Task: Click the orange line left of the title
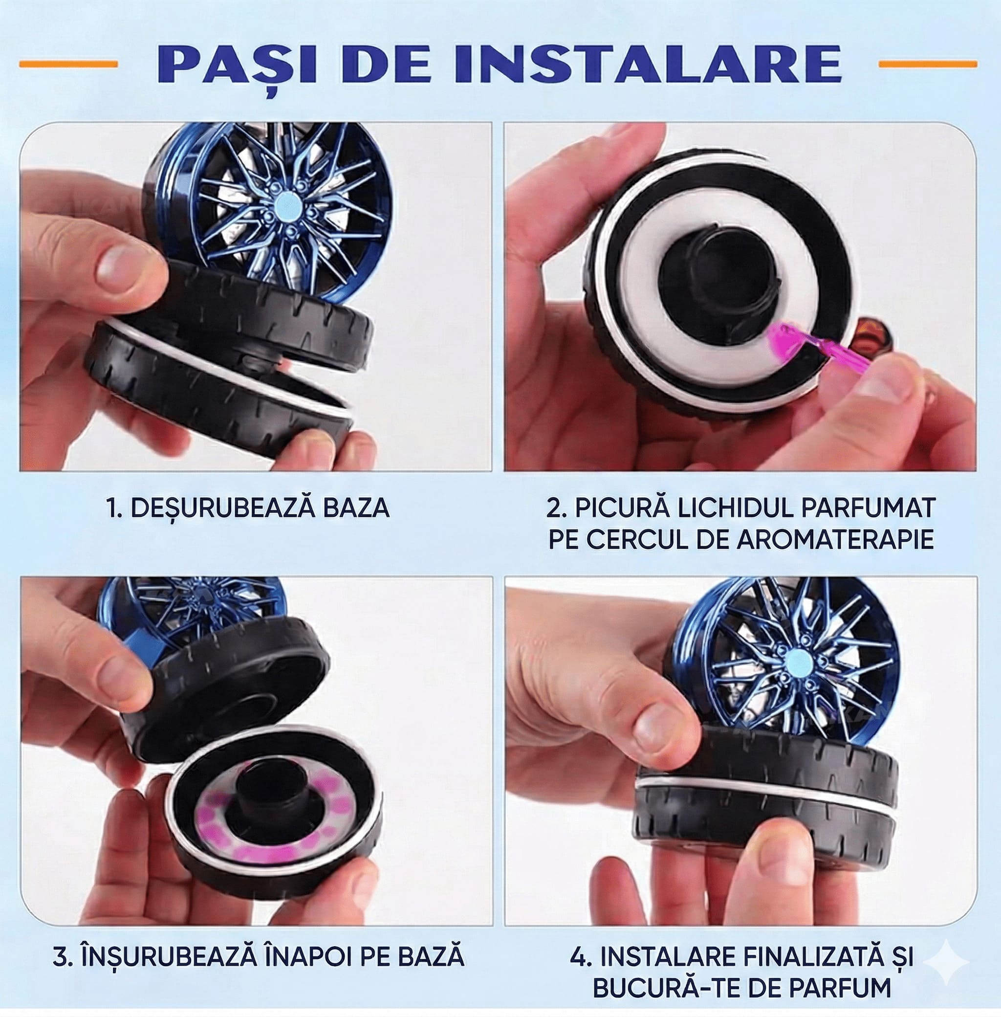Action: pyautogui.click(x=68, y=64)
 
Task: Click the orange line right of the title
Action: pyautogui.click(x=928, y=64)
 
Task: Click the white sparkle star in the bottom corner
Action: pyautogui.click(x=946, y=962)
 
